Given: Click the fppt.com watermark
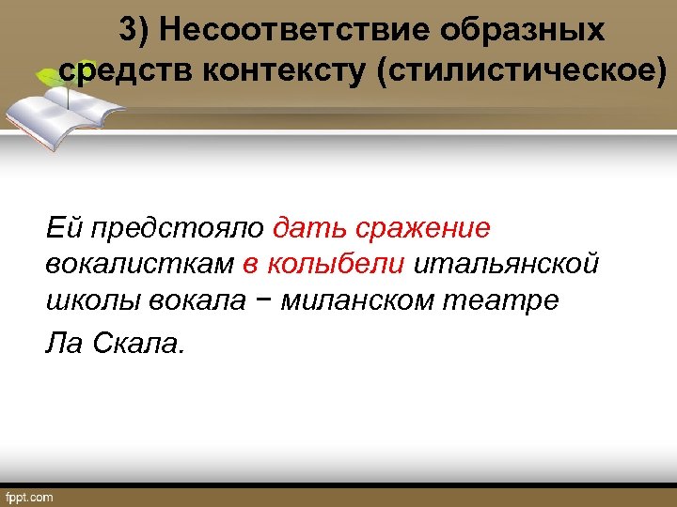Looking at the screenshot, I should [30, 495].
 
